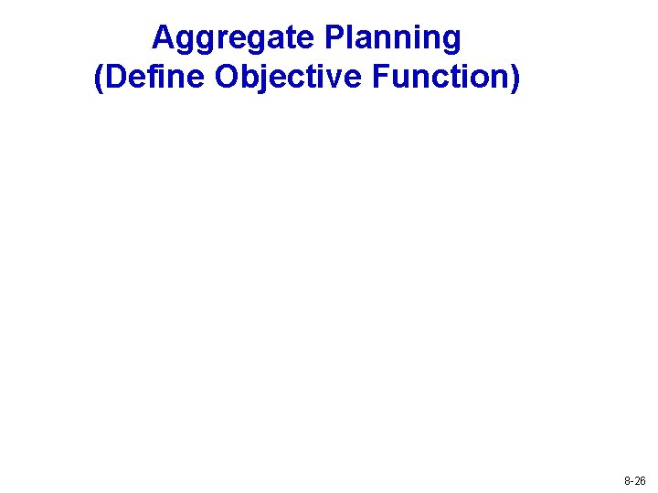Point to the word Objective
point(291,79)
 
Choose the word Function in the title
point(441,79)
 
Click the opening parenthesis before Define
point(99,79)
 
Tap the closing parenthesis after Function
point(516,79)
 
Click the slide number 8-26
point(635,480)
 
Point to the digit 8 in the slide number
point(627,480)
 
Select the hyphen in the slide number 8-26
point(631,481)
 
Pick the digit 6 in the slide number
point(643,480)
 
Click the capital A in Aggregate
point(163,38)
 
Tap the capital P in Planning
point(333,38)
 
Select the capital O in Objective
point(228,79)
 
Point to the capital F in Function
point(380,79)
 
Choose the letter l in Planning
point(350,38)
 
